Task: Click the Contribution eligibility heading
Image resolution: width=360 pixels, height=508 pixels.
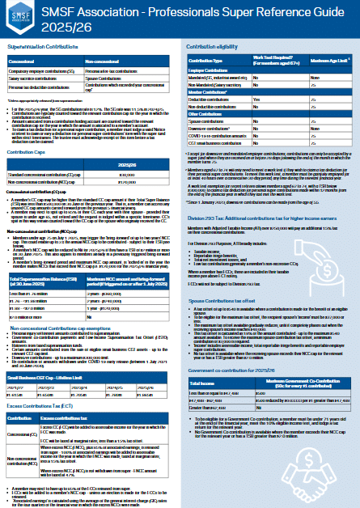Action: coord(215,48)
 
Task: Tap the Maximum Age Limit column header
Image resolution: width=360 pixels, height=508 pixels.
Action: coord(327,61)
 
